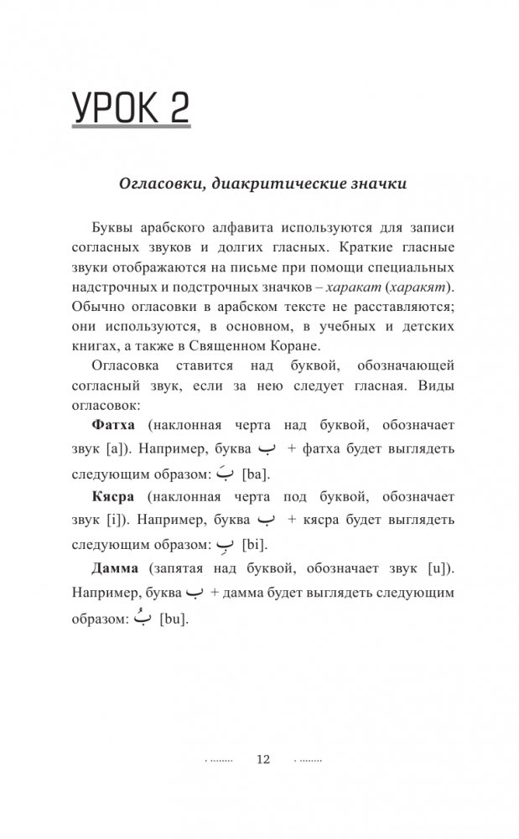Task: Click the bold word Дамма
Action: tap(114, 569)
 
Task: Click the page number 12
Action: tap(262, 759)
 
